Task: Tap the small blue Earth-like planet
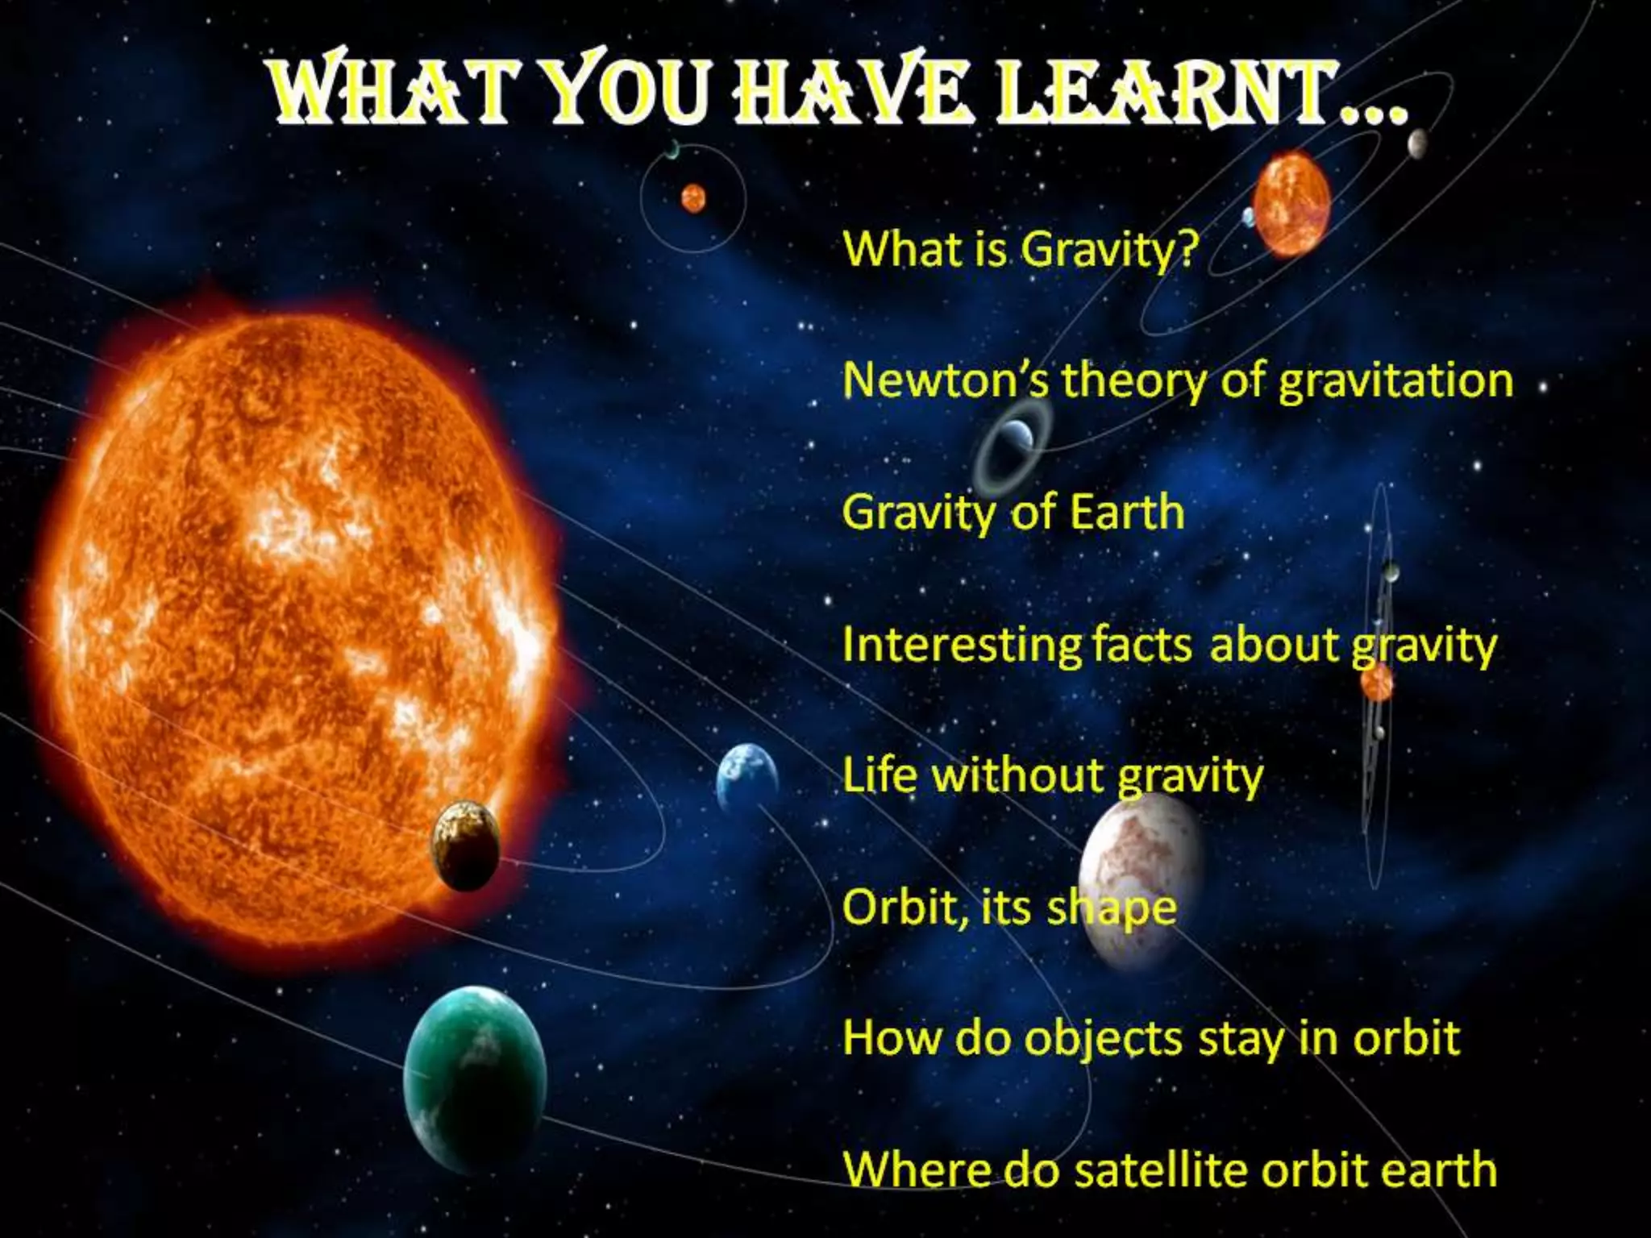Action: [746, 777]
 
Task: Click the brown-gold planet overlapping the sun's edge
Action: [466, 845]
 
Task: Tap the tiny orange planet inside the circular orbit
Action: [693, 197]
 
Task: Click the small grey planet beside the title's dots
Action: [1417, 143]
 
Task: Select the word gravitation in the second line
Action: [1395, 380]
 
